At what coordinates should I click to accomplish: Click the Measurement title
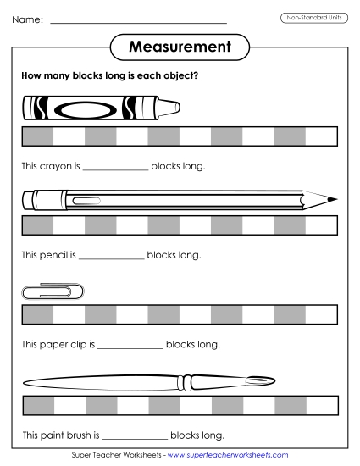(x=180, y=47)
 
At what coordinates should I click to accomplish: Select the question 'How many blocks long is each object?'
(x=110, y=76)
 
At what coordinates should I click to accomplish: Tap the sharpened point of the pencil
(x=332, y=200)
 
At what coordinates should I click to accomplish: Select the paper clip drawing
(x=52, y=291)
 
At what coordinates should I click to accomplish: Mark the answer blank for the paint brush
(x=135, y=436)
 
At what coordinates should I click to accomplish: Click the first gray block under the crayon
(x=36, y=136)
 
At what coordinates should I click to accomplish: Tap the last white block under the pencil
(x=321, y=225)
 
